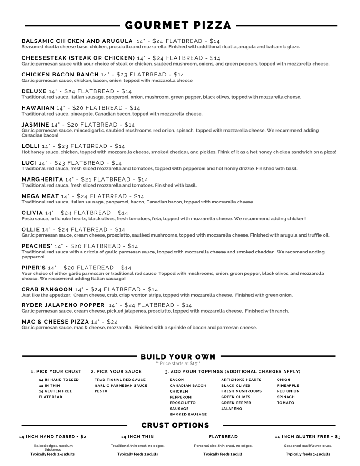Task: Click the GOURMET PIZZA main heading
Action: click(x=178, y=25)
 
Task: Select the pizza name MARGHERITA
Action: click(x=42, y=179)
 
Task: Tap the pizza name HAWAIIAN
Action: click(x=38, y=108)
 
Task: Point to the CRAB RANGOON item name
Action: click(x=47, y=289)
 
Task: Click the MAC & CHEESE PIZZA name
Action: click(x=55, y=322)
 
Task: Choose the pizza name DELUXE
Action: click(x=34, y=91)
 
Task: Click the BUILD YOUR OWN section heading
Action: click(x=178, y=356)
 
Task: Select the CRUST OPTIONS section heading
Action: click(x=175, y=425)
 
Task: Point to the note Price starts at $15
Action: click(x=177, y=363)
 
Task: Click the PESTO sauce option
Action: click(x=101, y=391)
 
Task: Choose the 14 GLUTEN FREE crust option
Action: click(x=55, y=391)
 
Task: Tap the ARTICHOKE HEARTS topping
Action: click(x=241, y=380)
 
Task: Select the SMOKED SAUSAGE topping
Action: click(x=188, y=415)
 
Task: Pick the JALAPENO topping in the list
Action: click(x=232, y=409)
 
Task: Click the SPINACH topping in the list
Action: click(x=286, y=397)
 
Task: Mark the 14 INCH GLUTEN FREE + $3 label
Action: click(x=308, y=436)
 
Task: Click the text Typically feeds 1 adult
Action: click(x=223, y=454)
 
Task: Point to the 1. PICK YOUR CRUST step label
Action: click(x=56, y=372)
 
